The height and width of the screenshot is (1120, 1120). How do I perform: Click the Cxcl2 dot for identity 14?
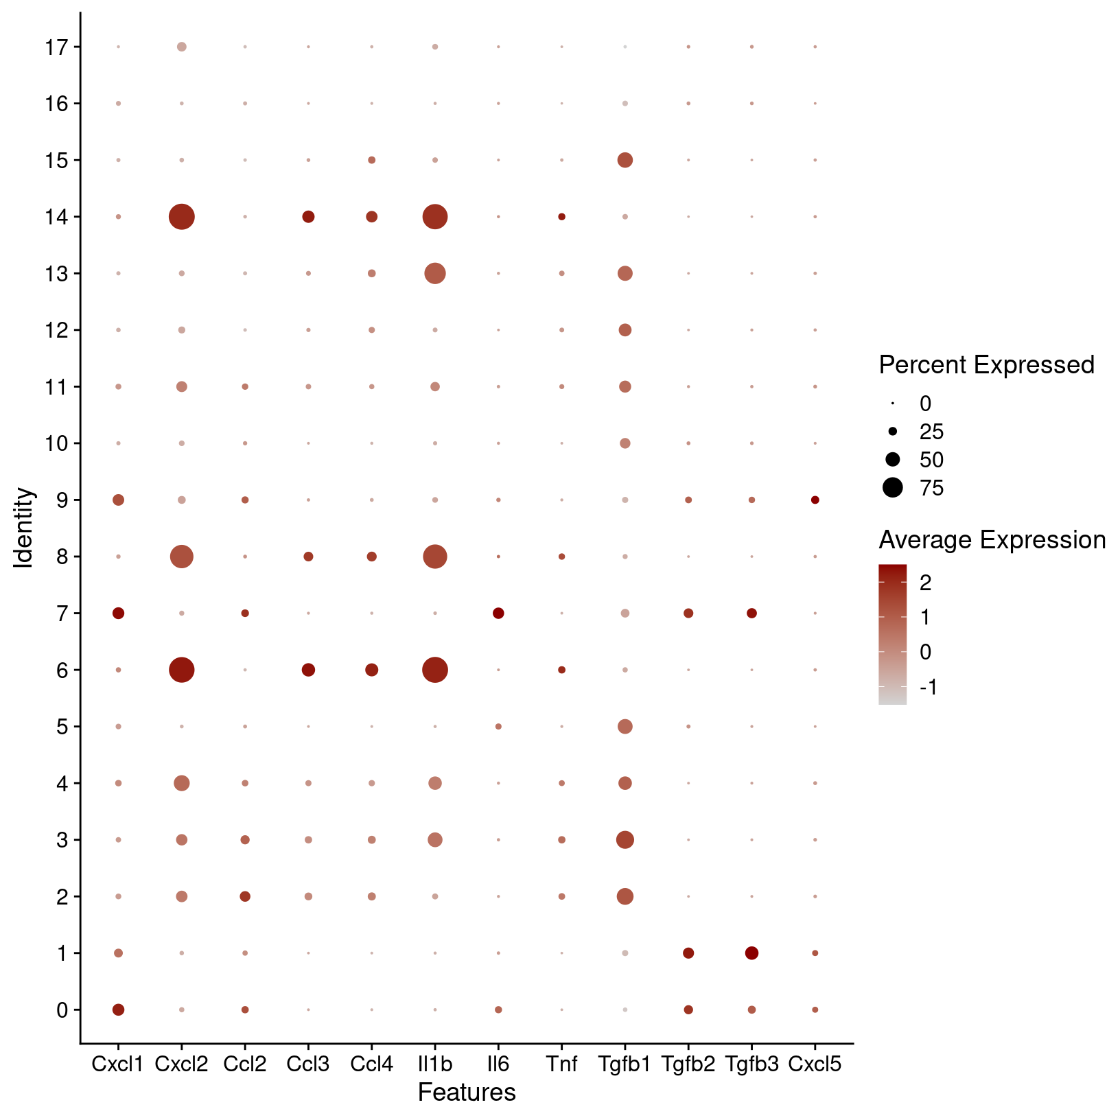click(x=181, y=217)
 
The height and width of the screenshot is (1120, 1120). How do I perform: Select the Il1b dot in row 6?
click(x=435, y=670)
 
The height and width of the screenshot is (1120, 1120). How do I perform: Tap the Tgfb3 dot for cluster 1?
click(x=751, y=953)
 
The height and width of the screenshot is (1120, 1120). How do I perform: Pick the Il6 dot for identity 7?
click(x=498, y=613)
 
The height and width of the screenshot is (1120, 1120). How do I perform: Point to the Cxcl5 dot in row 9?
click(x=815, y=500)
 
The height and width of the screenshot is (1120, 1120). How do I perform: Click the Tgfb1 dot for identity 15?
click(x=625, y=161)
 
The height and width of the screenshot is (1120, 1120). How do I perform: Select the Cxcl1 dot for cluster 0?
click(x=118, y=1010)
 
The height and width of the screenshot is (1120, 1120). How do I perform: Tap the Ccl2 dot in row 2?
click(x=245, y=896)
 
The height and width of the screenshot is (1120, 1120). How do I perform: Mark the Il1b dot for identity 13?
click(x=435, y=274)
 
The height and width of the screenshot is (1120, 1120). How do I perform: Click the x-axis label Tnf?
click(x=561, y=1064)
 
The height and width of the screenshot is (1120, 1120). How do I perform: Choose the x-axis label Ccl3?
click(x=308, y=1064)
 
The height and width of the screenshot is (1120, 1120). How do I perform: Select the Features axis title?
click(x=467, y=1092)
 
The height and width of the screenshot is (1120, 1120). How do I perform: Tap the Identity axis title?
click(x=24, y=528)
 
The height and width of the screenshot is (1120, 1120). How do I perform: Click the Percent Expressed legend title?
click(x=986, y=365)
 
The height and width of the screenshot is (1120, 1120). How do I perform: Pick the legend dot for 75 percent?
click(x=893, y=488)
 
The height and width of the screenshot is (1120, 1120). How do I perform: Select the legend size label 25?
click(x=932, y=432)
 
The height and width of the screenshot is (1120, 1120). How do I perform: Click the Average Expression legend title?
click(x=992, y=540)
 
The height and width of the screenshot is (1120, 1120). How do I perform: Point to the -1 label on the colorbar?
click(x=928, y=687)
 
